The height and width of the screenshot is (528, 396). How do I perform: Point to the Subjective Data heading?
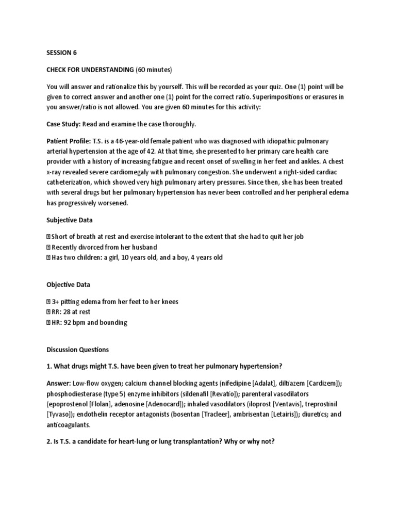[x=70, y=220]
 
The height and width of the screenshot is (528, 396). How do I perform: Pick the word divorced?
[x=91, y=247]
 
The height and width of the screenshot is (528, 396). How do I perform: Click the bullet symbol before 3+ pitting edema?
[x=48, y=301]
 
